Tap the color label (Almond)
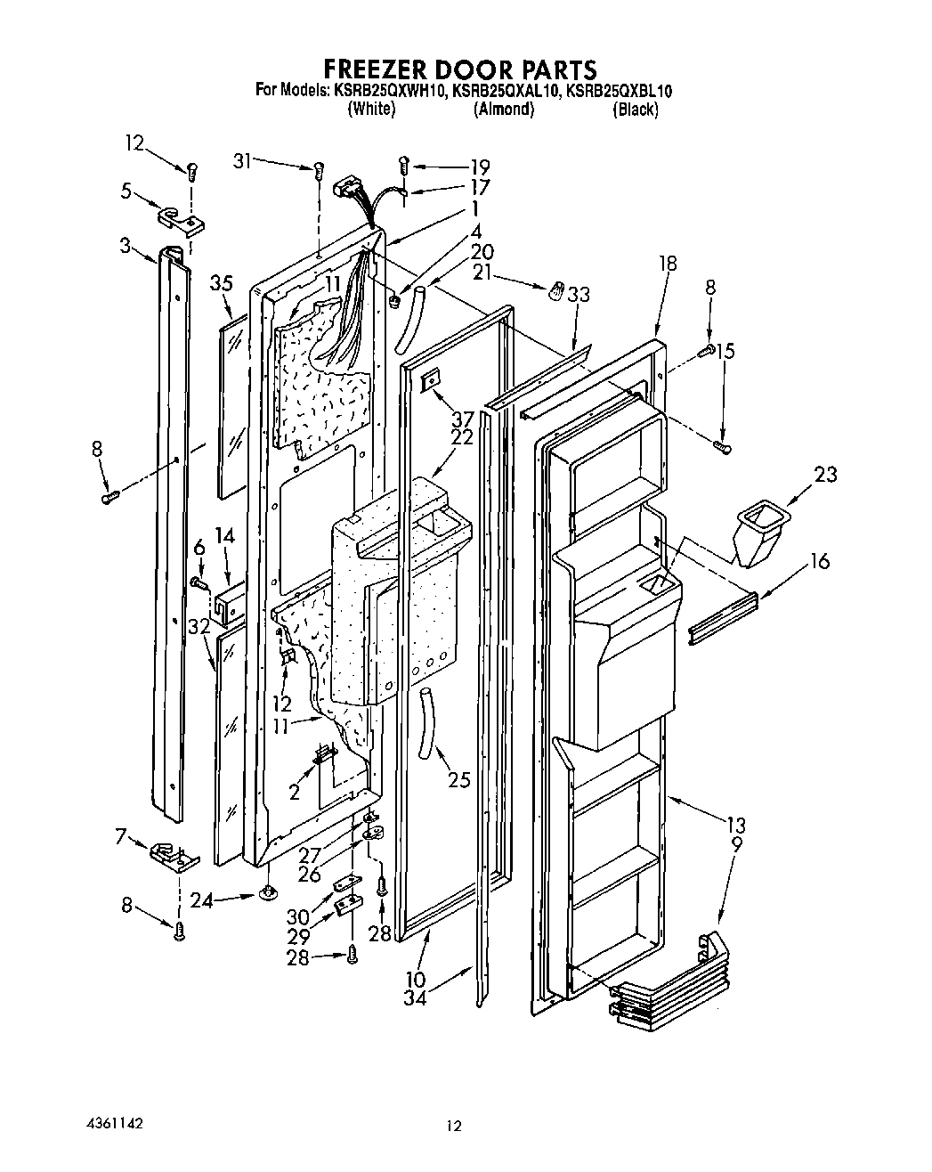pos(504,110)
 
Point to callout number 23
pos(825,474)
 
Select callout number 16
pos(820,560)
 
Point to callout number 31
pos(242,160)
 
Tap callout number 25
pos(458,781)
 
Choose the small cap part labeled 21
pos(555,291)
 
